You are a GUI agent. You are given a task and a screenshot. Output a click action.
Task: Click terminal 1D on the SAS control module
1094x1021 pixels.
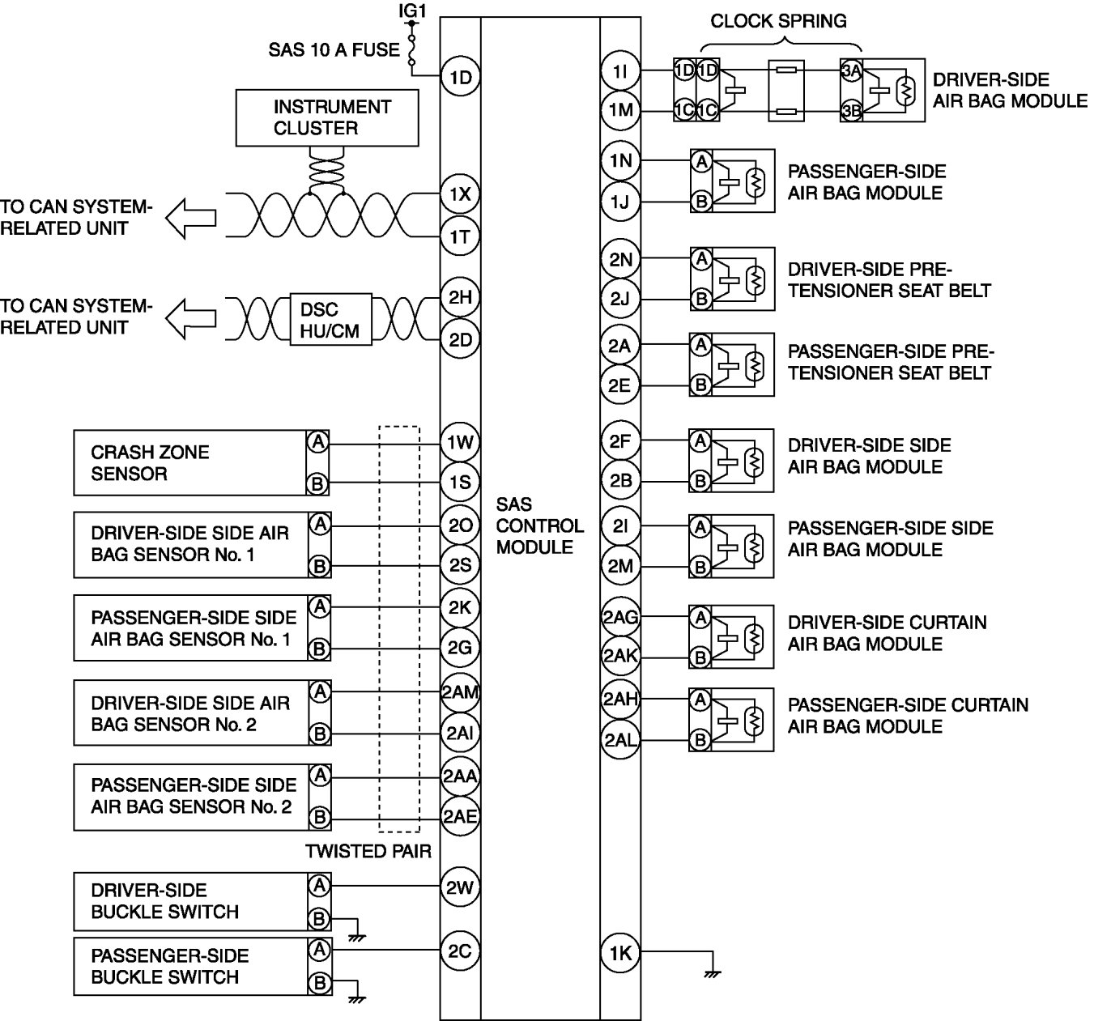click(x=460, y=78)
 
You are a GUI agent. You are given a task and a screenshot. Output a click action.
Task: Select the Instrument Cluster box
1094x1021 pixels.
click(x=327, y=117)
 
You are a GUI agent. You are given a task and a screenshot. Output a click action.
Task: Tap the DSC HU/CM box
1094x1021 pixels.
click(x=330, y=320)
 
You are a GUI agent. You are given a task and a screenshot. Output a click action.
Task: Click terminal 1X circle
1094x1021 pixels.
click(x=460, y=194)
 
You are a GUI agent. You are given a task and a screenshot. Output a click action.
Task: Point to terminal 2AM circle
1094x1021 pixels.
click(x=460, y=692)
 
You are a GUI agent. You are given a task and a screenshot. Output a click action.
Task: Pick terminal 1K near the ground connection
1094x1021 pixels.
click(x=620, y=953)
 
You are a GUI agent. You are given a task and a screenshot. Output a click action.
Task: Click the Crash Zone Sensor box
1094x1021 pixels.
click(x=189, y=463)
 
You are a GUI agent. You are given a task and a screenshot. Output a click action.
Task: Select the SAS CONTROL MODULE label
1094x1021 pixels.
click(x=539, y=526)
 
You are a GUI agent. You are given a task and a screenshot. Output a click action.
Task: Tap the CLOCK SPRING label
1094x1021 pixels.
click(x=778, y=21)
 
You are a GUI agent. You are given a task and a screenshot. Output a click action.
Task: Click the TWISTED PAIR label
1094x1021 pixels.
click(x=368, y=851)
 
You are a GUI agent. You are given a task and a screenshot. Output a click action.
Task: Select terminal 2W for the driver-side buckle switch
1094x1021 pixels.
click(x=460, y=887)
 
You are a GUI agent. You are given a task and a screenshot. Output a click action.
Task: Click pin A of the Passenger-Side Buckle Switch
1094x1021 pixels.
click(x=320, y=949)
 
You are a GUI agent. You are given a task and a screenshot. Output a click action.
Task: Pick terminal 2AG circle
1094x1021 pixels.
click(x=620, y=619)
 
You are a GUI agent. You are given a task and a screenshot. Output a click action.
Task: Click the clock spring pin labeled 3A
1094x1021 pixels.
click(x=850, y=71)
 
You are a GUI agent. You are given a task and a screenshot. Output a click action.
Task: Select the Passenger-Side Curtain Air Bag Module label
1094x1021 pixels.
click(x=907, y=715)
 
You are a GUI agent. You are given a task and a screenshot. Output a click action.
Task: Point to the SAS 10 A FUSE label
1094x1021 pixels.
click(x=334, y=50)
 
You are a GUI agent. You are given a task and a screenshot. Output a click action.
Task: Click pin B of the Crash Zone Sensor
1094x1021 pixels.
click(x=318, y=484)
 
